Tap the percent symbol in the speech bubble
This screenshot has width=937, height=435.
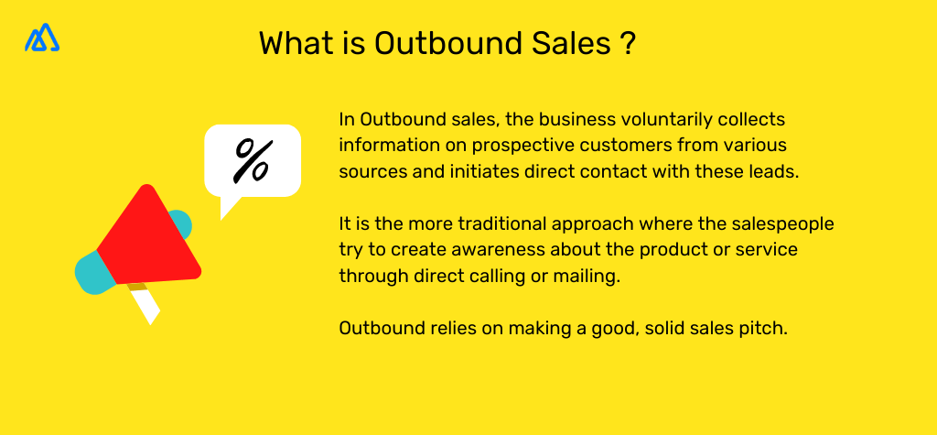coord(252,159)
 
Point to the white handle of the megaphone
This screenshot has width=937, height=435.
coord(146,308)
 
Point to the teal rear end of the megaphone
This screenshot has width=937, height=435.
coord(92,272)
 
